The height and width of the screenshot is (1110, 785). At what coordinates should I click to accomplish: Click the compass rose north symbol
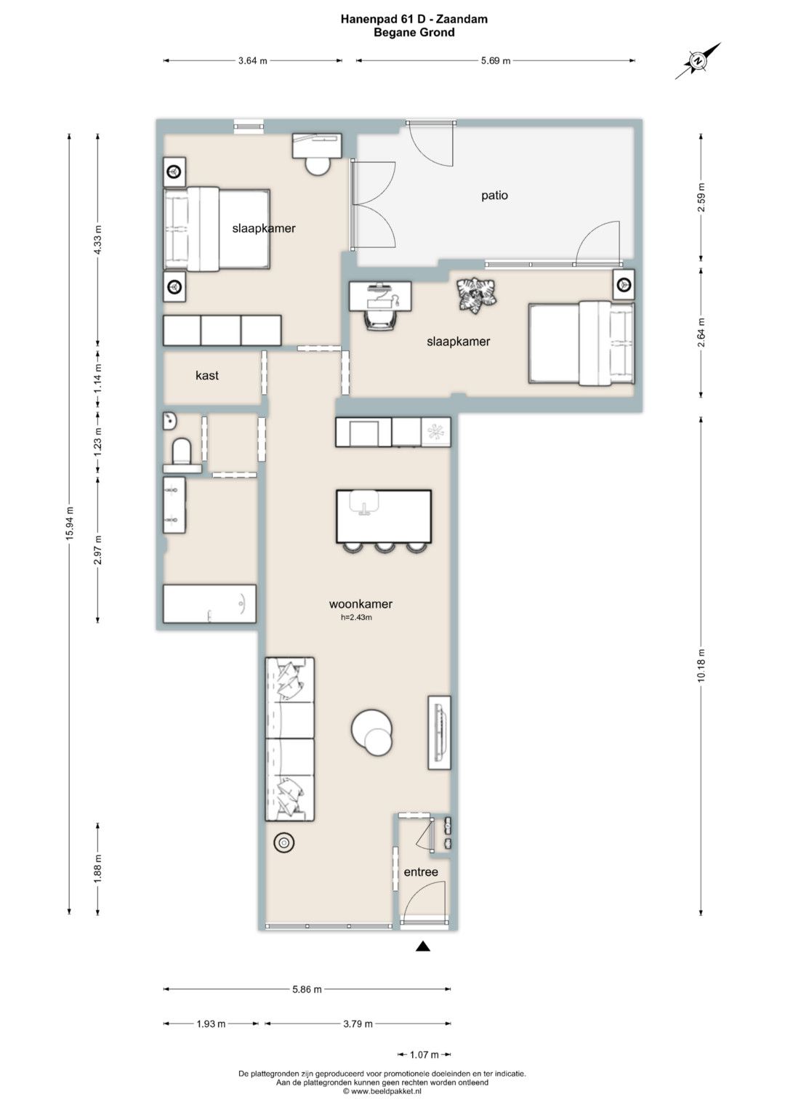tap(698, 61)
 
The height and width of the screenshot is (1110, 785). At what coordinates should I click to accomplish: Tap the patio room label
tap(494, 196)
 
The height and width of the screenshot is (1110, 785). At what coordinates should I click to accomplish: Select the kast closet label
tap(207, 375)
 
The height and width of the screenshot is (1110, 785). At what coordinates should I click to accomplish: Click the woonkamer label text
tap(361, 603)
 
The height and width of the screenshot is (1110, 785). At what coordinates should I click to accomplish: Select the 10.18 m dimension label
tap(701, 665)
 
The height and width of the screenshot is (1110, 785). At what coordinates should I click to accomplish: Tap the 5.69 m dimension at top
tap(496, 61)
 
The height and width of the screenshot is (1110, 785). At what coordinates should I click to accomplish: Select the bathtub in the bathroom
tap(209, 603)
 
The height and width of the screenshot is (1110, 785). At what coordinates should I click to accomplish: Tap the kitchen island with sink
tap(384, 516)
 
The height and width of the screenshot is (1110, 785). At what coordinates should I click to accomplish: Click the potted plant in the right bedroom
tap(476, 294)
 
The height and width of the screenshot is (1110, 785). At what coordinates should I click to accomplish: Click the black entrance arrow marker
tap(422, 946)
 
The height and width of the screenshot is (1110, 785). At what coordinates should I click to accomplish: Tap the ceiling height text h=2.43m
tap(356, 617)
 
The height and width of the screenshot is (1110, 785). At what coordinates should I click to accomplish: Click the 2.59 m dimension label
tap(701, 197)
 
